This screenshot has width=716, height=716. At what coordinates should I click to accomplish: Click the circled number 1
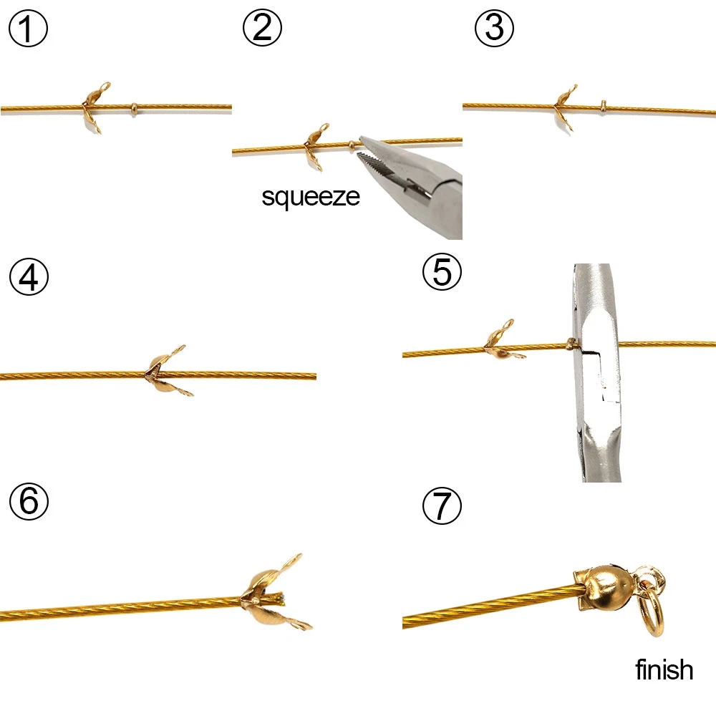pyautogui.click(x=28, y=28)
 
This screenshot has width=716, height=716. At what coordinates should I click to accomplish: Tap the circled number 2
pyautogui.click(x=262, y=27)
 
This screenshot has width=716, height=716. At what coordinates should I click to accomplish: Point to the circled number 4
pyautogui.click(x=29, y=276)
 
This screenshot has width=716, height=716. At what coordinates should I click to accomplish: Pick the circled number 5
pyautogui.click(x=442, y=271)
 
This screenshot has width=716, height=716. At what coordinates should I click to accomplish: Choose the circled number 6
pyautogui.click(x=29, y=500)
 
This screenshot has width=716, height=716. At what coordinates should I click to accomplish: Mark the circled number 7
pyautogui.click(x=442, y=505)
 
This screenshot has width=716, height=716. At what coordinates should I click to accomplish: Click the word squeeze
pyautogui.click(x=311, y=198)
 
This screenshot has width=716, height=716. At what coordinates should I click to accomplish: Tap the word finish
pyautogui.click(x=664, y=669)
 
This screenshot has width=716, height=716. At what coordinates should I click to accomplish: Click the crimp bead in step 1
pyautogui.click(x=134, y=109)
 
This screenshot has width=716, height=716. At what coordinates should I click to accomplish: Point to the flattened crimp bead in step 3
pyautogui.click(x=603, y=107)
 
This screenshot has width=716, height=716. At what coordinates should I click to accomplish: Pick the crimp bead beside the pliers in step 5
pyautogui.click(x=570, y=344)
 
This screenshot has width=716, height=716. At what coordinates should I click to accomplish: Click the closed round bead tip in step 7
pyautogui.click(x=603, y=587)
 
